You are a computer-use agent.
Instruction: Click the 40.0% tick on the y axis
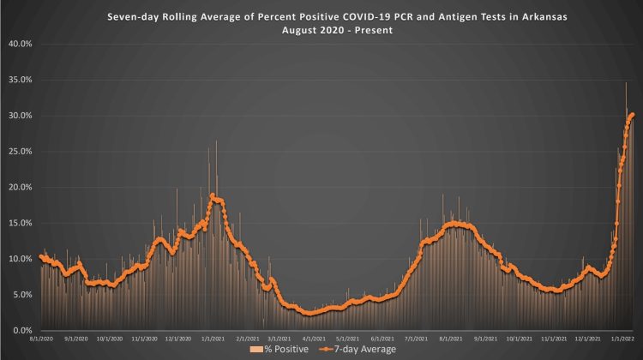(x=19, y=44)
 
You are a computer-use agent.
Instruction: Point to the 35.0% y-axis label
(x=19, y=80)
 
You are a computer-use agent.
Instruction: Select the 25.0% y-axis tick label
(x=19, y=151)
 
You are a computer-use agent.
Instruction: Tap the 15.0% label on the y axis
(x=19, y=223)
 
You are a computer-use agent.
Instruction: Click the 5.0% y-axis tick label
(x=21, y=294)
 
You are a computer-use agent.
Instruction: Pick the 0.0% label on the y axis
(x=21, y=330)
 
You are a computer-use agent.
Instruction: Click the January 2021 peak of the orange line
(x=212, y=196)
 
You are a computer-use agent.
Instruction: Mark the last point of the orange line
(x=632, y=114)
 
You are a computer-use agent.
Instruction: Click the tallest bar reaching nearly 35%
(x=626, y=83)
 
